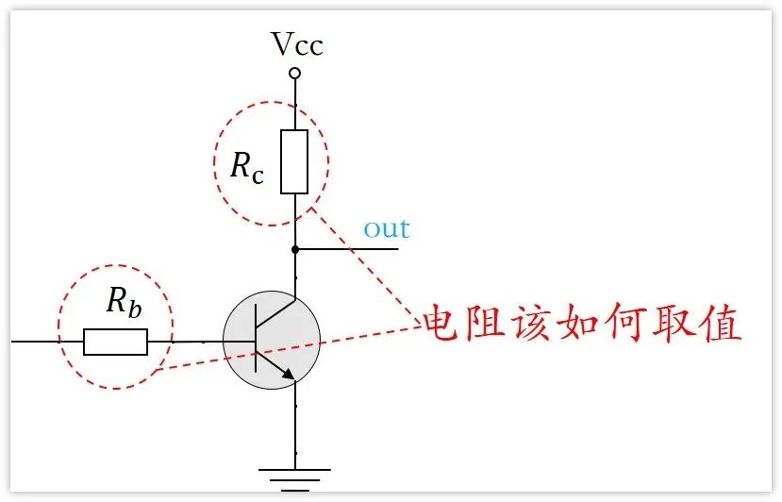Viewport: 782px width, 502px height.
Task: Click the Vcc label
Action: pos(296,44)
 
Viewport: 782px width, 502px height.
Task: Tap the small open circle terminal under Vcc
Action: pos(295,73)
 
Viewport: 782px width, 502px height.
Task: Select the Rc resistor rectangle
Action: pos(295,162)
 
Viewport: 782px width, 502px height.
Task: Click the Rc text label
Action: pos(247,165)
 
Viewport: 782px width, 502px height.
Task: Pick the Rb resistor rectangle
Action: pos(115,342)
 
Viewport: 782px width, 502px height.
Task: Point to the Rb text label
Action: pos(125,302)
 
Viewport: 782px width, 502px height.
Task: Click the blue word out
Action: pos(387,228)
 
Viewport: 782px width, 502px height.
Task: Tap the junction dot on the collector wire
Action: pos(295,249)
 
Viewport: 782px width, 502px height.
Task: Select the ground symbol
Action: pos(295,476)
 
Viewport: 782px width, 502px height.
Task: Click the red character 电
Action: pos(441,325)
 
